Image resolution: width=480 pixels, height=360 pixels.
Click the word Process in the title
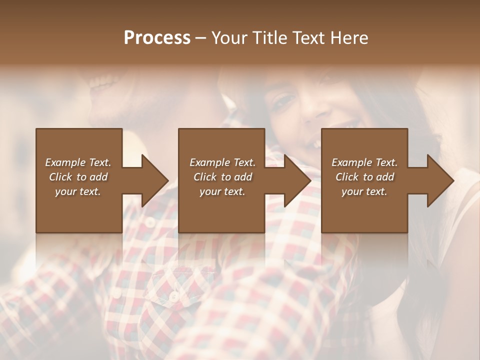coord(157,38)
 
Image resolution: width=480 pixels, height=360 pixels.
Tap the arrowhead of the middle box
coord(297,180)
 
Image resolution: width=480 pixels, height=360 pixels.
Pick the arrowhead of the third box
coord(440,180)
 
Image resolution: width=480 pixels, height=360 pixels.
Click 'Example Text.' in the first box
coord(78,162)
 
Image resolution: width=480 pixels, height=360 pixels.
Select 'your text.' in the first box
coord(78,191)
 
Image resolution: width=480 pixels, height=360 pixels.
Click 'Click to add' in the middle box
coord(222,177)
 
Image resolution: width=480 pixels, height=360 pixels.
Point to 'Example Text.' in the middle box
coord(222,162)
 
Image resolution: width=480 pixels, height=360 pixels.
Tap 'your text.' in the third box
coord(364,191)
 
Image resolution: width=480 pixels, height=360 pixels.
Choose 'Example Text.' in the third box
coord(364,162)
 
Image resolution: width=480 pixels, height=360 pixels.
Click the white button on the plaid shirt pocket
coord(173,296)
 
